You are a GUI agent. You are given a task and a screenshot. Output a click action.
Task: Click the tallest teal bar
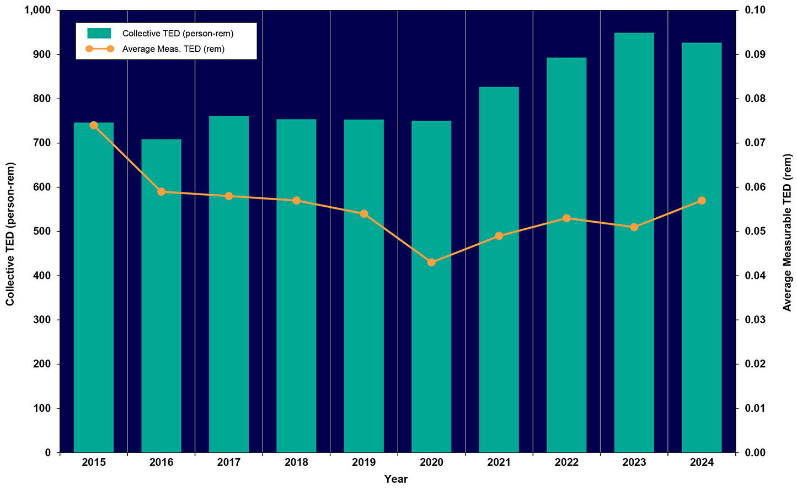[x=634, y=243]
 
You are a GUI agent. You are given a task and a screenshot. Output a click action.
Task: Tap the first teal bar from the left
[x=94, y=287]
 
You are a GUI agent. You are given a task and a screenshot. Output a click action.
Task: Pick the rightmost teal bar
[x=702, y=248]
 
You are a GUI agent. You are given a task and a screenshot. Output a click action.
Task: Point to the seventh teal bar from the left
[x=499, y=270]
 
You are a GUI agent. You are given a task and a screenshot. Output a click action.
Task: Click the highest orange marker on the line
[x=94, y=125]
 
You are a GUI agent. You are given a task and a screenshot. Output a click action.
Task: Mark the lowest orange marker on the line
[x=431, y=262]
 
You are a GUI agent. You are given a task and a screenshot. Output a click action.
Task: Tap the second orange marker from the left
[x=161, y=192]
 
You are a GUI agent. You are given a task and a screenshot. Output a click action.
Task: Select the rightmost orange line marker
[x=702, y=201]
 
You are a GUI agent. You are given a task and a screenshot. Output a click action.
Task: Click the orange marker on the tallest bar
[x=634, y=227]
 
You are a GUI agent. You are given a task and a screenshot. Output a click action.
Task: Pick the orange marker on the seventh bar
[x=499, y=236]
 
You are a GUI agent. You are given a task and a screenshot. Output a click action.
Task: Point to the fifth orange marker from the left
[x=364, y=214]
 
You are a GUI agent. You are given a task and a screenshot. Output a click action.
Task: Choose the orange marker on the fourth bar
[x=296, y=201]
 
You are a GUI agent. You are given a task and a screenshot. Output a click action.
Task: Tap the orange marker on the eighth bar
[x=566, y=218]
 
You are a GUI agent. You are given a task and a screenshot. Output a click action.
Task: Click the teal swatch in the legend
[x=99, y=34]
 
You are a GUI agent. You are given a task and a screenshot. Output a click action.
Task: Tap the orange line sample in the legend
[x=99, y=49]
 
